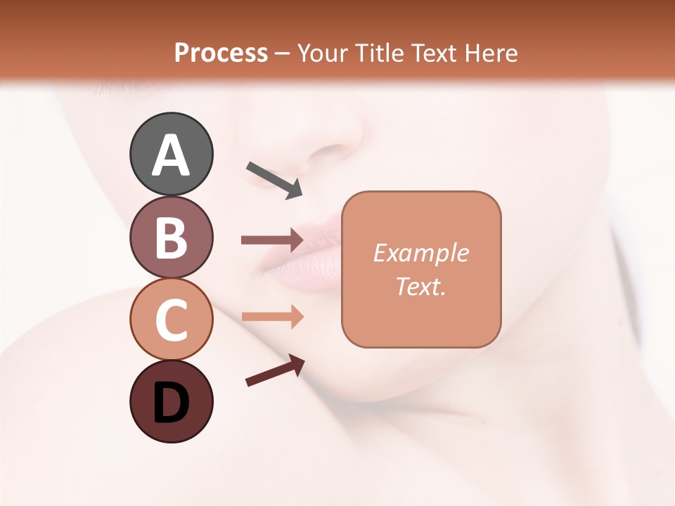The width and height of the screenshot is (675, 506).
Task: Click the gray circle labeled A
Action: coord(171,154)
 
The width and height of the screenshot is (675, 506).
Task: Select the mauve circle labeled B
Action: coord(171,237)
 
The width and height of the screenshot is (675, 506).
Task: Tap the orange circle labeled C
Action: coord(171,319)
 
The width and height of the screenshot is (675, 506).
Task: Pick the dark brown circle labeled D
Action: coord(171,401)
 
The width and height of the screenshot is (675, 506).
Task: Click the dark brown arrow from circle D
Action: coord(275,370)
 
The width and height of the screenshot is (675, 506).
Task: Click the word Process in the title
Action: coord(221,53)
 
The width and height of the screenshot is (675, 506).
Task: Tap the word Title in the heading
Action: coord(380,53)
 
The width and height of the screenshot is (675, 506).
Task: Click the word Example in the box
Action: coord(420,253)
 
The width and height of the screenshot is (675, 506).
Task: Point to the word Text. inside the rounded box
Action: coord(420,286)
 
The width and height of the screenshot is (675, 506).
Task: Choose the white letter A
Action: coord(171,155)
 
